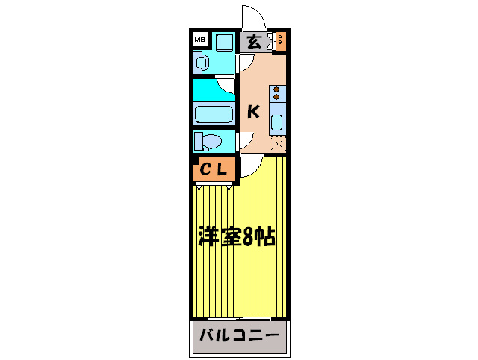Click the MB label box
pos(199,40)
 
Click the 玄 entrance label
pos(254,42)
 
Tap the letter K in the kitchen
pos(253,112)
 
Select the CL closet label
pos(213,170)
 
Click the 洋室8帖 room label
pos(236,238)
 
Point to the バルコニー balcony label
pos(240,334)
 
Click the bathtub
pos(215,115)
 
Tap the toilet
pos(211,141)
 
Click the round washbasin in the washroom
pos(200,64)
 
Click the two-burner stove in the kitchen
pos(276,93)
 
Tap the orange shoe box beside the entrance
pos(280,40)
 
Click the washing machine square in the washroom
pos(223,42)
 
